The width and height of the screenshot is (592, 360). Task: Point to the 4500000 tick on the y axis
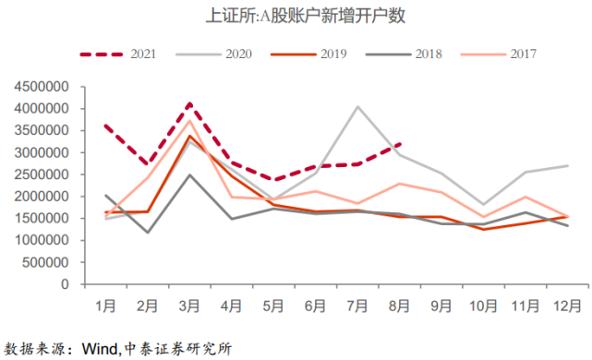[x=41, y=87]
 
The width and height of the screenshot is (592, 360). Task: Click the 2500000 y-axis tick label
[x=41, y=174]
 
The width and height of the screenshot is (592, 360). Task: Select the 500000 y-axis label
[x=44, y=262]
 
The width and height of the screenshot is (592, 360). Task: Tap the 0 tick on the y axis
[x=67, y=284]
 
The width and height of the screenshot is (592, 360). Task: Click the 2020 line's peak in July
[x=357, y=106]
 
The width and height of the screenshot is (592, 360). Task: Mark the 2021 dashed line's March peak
[x=189, y=103]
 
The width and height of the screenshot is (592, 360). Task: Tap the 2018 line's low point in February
[x=148, y=233]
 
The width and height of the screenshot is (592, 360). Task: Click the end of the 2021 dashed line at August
[x=399, y=144]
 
